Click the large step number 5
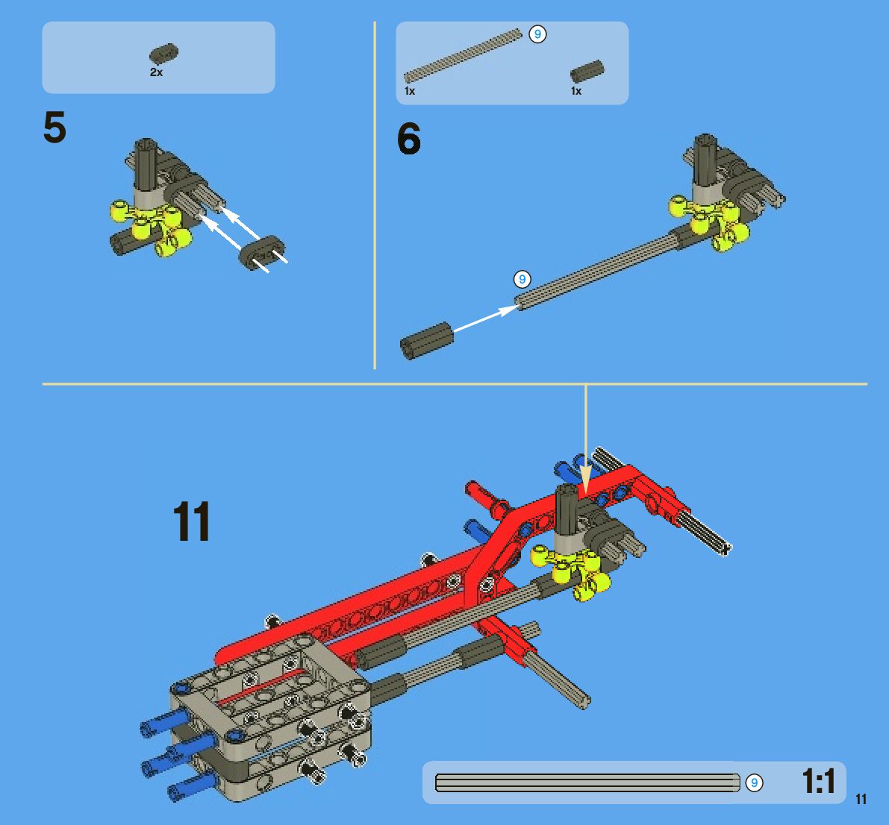[x=55, y=127]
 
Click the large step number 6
[x=409, y=139]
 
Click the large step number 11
[x=192, y=521]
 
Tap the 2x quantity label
[x=157, y=72]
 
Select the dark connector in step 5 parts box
[x=164, y=53]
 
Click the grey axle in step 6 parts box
[x=463, y=55]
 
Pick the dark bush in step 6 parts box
[x=587, y=72]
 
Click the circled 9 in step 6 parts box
[x=537, y=34]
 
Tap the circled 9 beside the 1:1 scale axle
[x=754, y=782]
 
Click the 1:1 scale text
[x=819, y=782]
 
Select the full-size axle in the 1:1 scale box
[x=587, y=782]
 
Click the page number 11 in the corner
[x=861, y=799]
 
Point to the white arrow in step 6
[x=486, y=319]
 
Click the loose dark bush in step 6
[x=426, y=340]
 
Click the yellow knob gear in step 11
[x=571, y=571]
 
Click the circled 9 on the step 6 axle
[x=523, y=279]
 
